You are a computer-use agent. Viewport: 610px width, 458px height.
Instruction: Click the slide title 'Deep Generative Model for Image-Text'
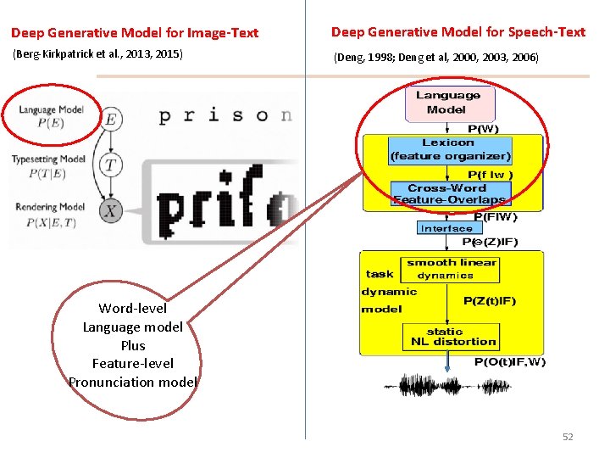click(x=135, y=33)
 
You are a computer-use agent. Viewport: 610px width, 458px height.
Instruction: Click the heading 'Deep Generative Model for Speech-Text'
click(x=457, y=32)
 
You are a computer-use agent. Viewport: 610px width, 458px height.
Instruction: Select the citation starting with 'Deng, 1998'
click(x=435, y=58)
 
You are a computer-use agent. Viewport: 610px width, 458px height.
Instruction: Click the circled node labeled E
click(x=109, y=120)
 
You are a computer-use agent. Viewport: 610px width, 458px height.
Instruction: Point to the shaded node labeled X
click(x=109, y=212)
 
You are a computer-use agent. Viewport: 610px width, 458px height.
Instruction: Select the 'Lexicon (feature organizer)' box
click(x=450, y=149)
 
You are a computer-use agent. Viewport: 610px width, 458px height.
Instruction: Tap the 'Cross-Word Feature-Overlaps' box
click(x=448, y=193)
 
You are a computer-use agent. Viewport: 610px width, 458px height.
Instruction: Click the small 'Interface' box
click(x=446, y=228)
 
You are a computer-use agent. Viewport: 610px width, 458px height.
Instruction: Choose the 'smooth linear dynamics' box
click(x=451, y=269)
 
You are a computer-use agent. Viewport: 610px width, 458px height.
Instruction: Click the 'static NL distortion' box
click(x=449, y=337)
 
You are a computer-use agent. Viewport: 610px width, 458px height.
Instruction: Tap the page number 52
click(x=568, y=437)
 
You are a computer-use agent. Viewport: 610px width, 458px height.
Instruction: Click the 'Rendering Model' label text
click(x=49, y=206)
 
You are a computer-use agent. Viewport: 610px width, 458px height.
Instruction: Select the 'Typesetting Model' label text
click(x=48, y=159)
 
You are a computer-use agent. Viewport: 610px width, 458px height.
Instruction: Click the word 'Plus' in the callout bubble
click(x=133, y=345)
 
